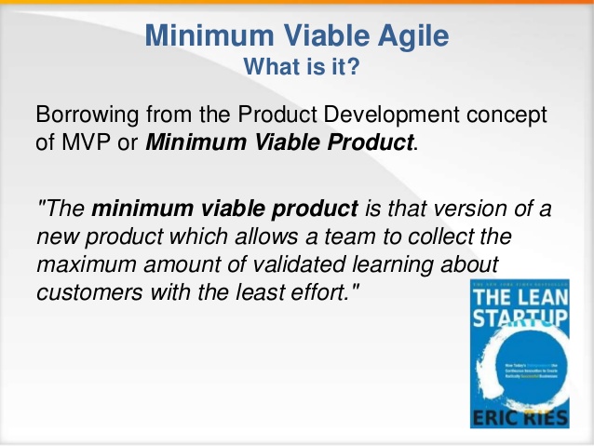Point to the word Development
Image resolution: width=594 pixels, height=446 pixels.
coord(361,115)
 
